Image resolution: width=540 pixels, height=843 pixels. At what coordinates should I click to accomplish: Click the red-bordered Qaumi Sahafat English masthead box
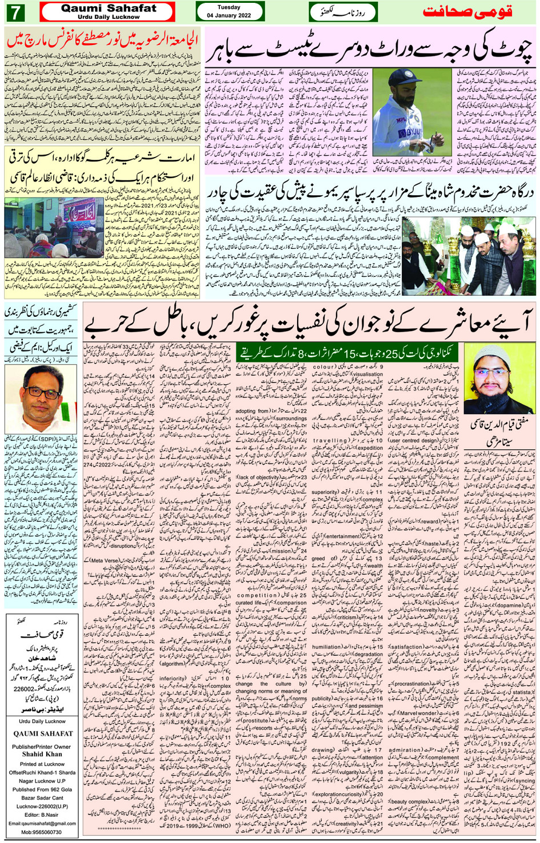tap(108, 11)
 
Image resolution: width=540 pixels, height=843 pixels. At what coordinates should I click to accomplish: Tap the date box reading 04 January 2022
tap(229, 11)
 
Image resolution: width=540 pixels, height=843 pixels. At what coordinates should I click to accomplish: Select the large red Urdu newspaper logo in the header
tap(467, 12)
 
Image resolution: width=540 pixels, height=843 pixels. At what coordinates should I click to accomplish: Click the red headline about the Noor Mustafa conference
tap(102, 40)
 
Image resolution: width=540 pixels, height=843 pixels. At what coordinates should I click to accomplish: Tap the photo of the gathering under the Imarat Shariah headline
tap(54, 228)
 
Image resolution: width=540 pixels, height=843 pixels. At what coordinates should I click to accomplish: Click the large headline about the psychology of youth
tap(309, 322)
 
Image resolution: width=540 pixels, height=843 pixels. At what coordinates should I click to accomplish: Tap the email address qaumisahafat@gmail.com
tap(42, 824)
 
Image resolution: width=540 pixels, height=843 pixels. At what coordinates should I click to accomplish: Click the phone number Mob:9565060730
tap(42, 832)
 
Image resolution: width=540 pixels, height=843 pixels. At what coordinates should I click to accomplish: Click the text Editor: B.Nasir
tap(42, 815)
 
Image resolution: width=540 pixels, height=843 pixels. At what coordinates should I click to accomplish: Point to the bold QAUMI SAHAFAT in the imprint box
tap(42, 734)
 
